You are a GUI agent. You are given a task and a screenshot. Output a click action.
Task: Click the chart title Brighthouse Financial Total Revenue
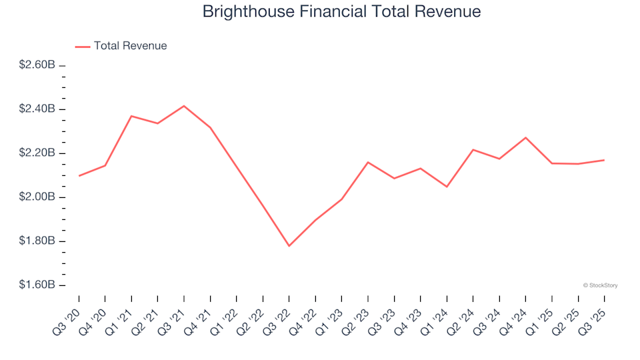[341, 12]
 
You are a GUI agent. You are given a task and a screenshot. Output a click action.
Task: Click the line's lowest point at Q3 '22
[289, 246]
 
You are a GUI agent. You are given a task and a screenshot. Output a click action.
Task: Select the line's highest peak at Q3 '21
[184, 106]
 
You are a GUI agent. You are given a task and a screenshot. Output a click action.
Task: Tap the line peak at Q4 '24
[525, 137]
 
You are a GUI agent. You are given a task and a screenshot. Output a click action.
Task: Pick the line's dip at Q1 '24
[447, 187]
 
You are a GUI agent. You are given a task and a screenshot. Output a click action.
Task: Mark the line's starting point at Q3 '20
[79, 176]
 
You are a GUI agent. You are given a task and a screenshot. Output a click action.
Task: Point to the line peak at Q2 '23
[368, 162]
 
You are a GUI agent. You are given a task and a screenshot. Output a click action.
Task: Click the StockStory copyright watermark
[600, 285]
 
